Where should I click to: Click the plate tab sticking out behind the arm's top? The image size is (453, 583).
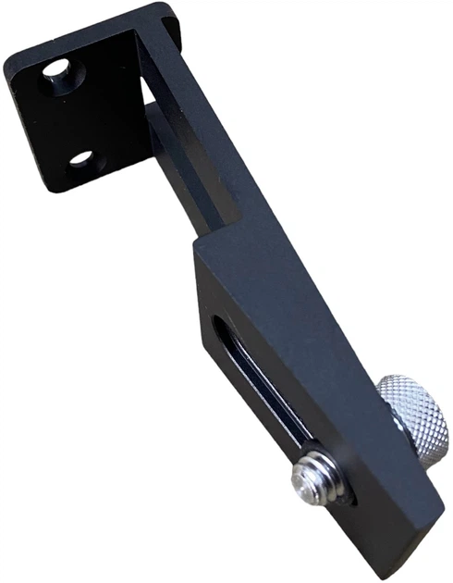pyautogui.click(x=172, y=23)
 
